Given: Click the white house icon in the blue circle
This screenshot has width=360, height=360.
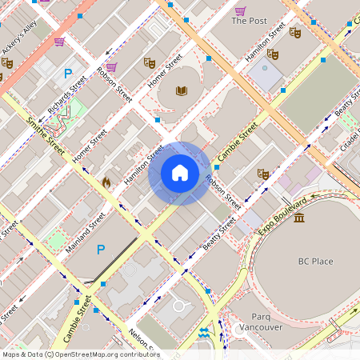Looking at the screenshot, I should (180, 173).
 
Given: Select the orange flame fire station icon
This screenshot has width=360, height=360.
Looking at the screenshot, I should (106, 182).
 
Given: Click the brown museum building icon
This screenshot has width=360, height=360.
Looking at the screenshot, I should (298, 218).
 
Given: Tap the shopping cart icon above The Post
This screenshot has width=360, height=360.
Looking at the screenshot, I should (240, 10).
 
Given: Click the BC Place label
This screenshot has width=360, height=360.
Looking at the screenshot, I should (315, 262).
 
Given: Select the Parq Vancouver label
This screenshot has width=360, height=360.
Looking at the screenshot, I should (261, 322).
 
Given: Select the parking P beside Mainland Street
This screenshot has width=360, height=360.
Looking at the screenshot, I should (101, 250).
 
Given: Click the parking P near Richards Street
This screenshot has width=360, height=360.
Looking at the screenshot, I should (69, 74).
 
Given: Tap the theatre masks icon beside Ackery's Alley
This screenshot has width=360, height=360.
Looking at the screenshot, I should (8, 62).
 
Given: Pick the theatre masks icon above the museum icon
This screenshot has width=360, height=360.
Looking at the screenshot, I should (262, 173).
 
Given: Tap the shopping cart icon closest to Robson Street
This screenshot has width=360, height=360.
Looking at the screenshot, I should (111, 67).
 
